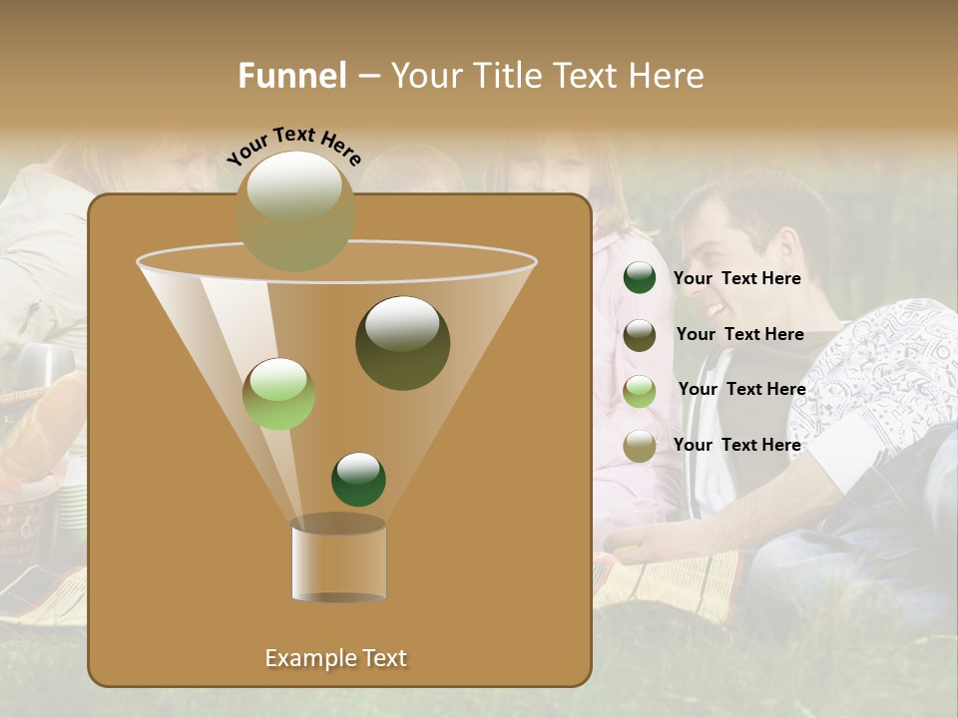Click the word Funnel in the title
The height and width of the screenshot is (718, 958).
coord(291,76)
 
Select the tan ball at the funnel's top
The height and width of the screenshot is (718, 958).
coord(295,210)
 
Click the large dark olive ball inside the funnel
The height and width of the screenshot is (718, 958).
coord(402,342)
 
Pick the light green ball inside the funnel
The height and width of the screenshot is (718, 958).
coord(278,393)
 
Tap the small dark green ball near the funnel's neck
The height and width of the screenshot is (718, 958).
coord(358,479)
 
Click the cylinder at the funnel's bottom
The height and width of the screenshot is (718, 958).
coord(338,560)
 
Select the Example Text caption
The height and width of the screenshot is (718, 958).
coord(335,658)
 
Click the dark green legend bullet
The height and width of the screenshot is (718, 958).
coord(640,278)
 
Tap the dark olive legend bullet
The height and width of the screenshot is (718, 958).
coord(640,334)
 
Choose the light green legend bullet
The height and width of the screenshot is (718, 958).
coord(640,390)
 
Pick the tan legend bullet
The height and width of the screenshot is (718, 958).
coord(640,446)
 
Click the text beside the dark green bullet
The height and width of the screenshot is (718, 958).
coord(736,278)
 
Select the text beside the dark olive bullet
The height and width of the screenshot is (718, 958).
coord(739,334)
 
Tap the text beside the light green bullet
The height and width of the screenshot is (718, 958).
coord(741,389)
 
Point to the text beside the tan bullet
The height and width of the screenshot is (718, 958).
coord(736,445)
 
